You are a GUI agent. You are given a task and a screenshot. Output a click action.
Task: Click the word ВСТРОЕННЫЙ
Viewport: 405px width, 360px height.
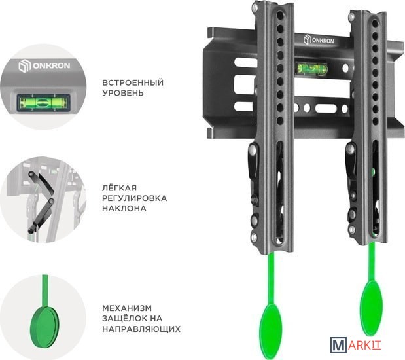pyautogui.click(x=133, y=82)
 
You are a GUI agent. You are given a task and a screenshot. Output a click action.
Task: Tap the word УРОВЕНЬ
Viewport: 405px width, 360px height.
pyautogui.click(x=123, y=93)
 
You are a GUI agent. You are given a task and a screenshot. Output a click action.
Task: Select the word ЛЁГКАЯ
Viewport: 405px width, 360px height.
pyautogui.click(x=119, y=187)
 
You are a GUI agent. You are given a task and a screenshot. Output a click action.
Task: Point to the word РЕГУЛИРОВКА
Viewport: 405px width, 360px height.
pyautogui.click(x=134, y=198)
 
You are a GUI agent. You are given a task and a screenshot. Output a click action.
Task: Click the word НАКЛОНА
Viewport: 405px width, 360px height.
pyautogui.click(x=124, y=208)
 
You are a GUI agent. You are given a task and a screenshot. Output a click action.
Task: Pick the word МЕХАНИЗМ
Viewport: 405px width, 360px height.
pyautogui.click(x=127, y=308)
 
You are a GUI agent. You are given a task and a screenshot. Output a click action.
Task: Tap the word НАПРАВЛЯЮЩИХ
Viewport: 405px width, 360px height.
pyautogui.click(x=141, y=329)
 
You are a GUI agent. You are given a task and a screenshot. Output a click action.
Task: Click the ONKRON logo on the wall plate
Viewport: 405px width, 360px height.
pyautogui.click(x=319, y=40)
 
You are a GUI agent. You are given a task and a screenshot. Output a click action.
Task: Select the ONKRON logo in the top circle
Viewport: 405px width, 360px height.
pyautogui.click(x=44, y=65)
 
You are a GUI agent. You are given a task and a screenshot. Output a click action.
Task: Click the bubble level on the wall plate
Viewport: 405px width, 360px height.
pyautogui.click(x=311, y=69)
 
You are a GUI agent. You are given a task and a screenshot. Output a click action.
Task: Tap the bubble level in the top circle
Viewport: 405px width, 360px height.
pyautogui.click(x=43, y=103)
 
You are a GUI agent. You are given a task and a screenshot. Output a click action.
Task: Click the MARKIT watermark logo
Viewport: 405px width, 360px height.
pyautogui.click(x=356, y=345)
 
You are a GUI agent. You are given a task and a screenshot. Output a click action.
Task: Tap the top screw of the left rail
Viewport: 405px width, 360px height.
pyautogui.click(x=255, y=7)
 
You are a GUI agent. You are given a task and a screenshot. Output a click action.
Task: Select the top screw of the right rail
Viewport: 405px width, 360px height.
pyautogui.click(x=351, y=17)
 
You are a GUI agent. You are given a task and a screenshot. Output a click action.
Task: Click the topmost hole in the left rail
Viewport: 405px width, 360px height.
pyautogui.click(x=280, y=16)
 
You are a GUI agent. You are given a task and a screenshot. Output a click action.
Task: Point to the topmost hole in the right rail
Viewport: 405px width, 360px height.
pyautogui.click(x=375, y=24)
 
